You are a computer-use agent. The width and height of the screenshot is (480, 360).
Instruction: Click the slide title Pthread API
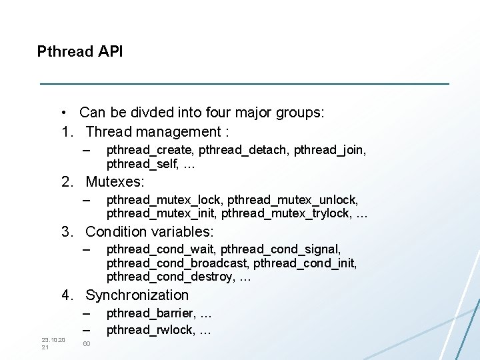(x=80, y=51)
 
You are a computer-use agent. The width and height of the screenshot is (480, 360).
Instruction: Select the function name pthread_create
(x=141, y=150)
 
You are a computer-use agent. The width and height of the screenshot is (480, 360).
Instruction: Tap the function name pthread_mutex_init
(x=161, y=213)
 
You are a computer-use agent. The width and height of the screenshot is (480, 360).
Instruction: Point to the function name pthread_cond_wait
(x=161, y=249)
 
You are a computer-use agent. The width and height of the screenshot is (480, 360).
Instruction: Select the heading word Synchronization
(x=137, y=295)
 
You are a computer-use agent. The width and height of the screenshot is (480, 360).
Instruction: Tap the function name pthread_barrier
(x=150, y=313)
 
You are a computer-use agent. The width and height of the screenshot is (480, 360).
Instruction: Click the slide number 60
(x=87, y=344)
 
